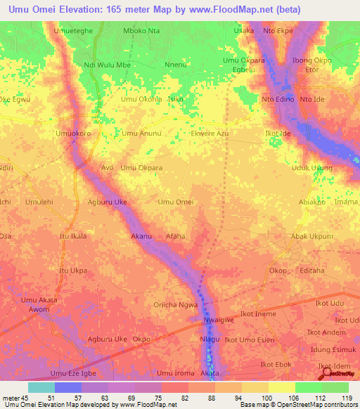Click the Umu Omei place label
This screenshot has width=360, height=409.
click(x=176, y=202)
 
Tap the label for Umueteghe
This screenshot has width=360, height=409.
click(x=72, y=31)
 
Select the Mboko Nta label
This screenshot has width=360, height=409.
click(x=141, y=31)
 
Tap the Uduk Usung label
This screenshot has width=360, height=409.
click(x=312, y=168)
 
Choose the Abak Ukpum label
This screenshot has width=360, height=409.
click(x=311, y=237)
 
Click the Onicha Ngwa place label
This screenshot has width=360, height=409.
click(x=176, y=304)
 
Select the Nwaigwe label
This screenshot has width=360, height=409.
click(x=209, y=322)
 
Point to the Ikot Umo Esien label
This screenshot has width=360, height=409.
click(x=266, y=339)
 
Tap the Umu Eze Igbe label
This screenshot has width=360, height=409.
click(x=72, y=373)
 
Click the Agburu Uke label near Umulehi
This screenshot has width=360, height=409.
click(x=107, y=202)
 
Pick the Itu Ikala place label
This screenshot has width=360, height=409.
click(x=73, y=236)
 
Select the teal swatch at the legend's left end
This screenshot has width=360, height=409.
click(x=41, y=387)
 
